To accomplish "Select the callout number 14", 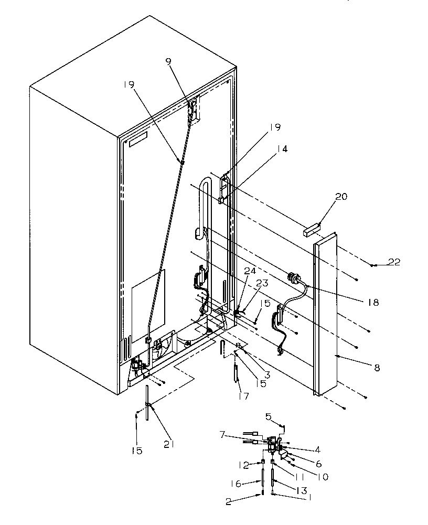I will click(x=283, y=149).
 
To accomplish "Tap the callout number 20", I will click(x=341, y=197).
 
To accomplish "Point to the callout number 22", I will click(x=394, y=262).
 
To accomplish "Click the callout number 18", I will click(x=373, y=303).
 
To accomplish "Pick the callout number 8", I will click(x=377, y=368).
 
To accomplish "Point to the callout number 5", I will click(x=268, y=417).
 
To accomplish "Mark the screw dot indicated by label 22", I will click(x=372, y=266).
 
